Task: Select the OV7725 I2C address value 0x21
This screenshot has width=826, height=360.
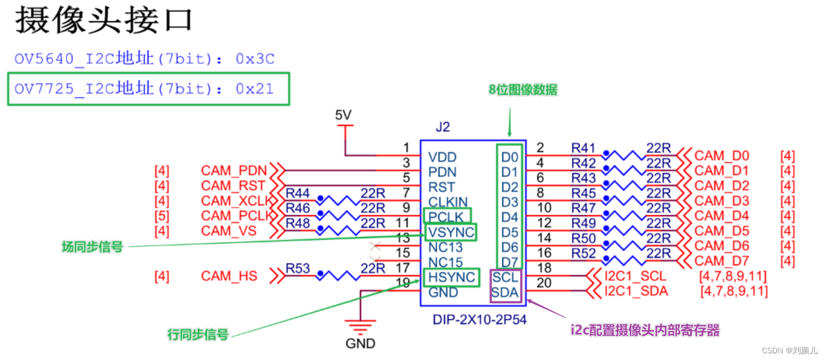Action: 255,88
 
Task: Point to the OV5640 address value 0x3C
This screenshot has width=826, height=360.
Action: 255,59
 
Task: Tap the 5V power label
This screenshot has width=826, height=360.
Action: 343,115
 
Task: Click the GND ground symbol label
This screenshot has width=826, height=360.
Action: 360,343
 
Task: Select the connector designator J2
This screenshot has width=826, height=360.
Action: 442,127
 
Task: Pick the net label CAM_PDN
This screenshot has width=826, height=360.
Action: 234,170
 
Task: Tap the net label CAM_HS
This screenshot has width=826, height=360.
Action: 229,276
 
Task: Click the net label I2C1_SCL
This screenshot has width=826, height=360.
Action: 635,276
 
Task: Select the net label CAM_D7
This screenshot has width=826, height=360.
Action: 721,260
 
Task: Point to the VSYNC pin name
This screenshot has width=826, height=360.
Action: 451,231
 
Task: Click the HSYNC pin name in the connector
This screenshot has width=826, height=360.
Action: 451,277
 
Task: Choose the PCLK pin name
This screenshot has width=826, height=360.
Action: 447,216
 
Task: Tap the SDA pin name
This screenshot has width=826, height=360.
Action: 505,292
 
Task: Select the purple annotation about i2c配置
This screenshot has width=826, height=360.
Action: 645,331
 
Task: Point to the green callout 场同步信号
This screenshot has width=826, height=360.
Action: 92,247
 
